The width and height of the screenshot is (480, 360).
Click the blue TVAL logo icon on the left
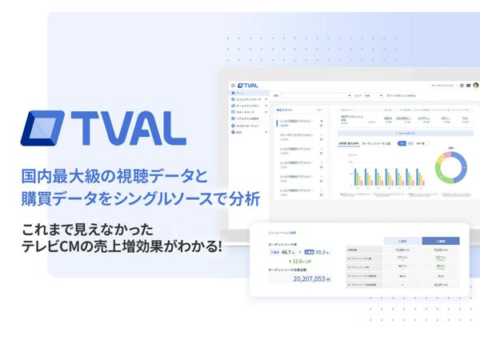(x=48, y=130)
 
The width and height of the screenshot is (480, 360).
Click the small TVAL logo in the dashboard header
(x=247, y=86)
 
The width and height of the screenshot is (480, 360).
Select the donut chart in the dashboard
(x=450, y=168)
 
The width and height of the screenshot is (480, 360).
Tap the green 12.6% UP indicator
(x=302, y=261)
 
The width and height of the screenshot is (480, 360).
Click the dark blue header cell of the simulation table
(x=439, y=240)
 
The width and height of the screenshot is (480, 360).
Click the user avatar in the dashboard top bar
(x=475, y=85)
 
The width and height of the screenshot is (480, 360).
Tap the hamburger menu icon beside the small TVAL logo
(x=232, y=86)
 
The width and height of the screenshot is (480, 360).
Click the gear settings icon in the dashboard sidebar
(x=231, y=132)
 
